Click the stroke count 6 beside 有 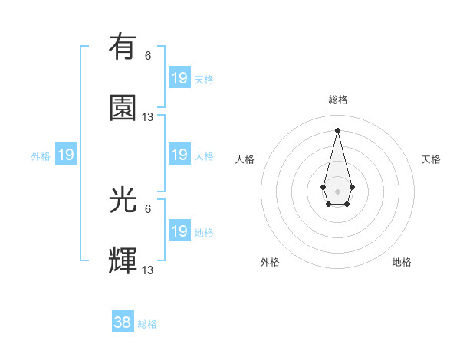point(148,56)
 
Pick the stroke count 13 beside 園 point(148,117)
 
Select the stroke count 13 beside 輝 point(148,270)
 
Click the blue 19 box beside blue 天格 point(179,78)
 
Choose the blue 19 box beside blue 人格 point(179,155)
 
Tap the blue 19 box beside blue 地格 point(179,231)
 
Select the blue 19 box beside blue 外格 point(66,155)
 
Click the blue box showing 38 point(123,322)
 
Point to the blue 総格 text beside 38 point(147,324)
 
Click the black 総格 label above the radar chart point(337,100)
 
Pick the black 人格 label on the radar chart point(245,159)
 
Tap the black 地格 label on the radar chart point(402,262)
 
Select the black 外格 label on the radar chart point(270,262)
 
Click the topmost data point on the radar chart point(337,129)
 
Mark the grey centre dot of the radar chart point(337,190)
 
